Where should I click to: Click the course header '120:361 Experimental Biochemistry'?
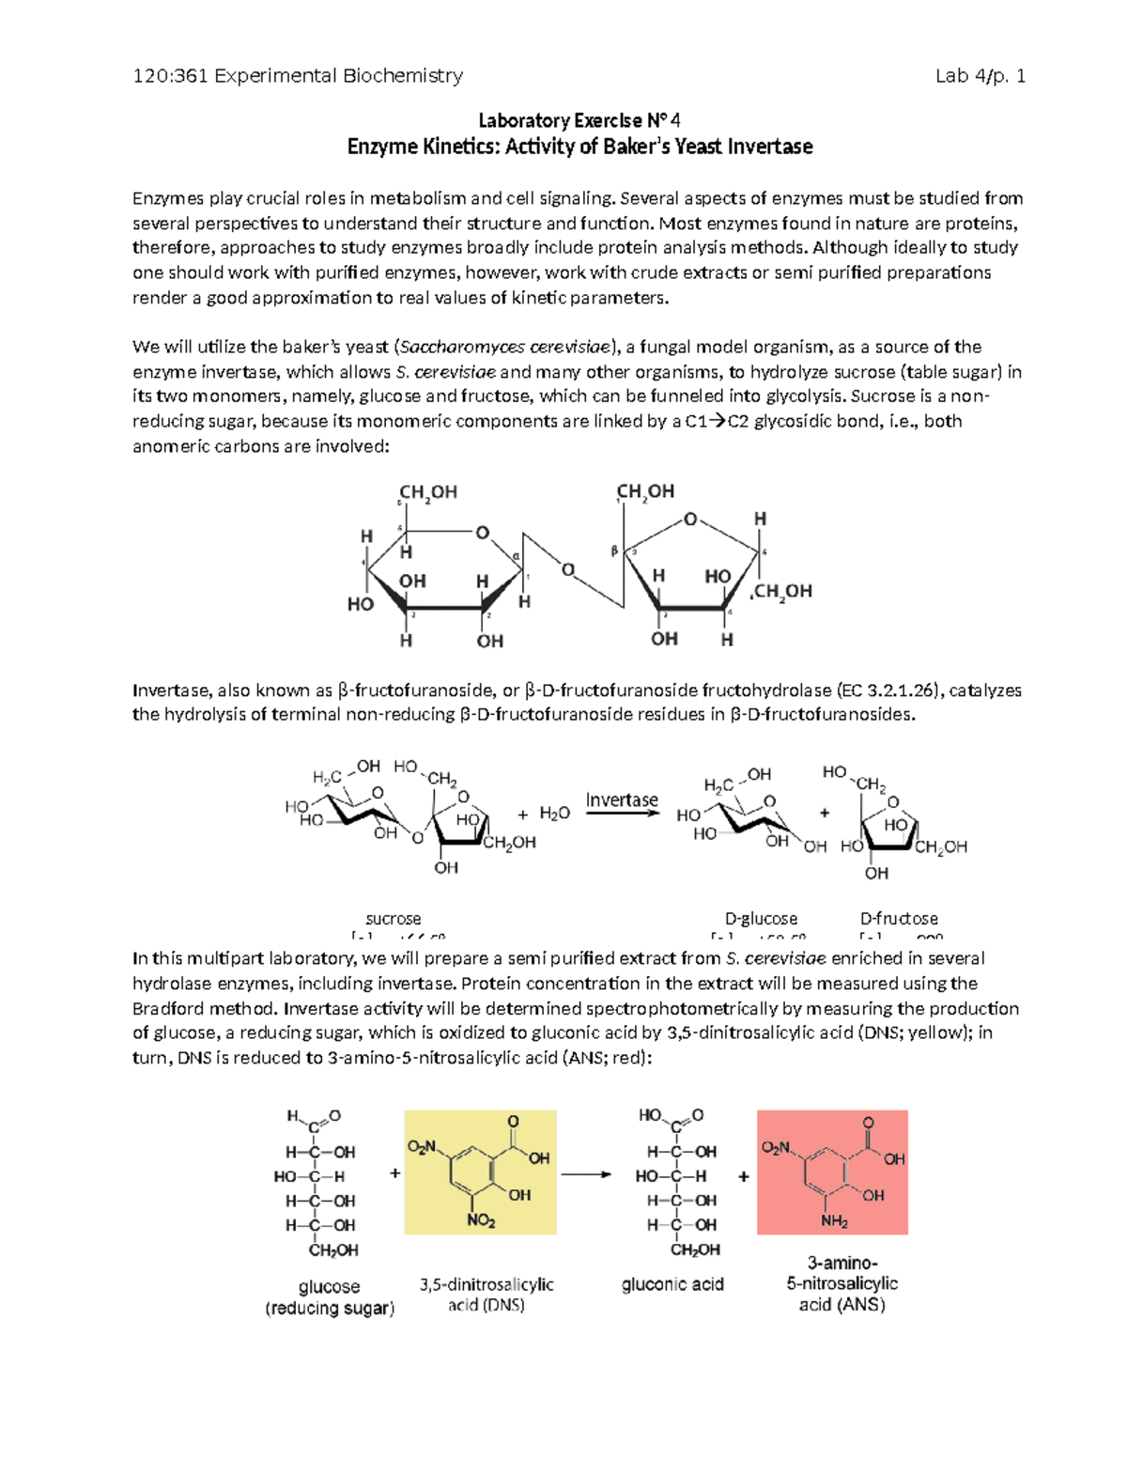pos(298,76)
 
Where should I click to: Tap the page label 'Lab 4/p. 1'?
pos(980,76)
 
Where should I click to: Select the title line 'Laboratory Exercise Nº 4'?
pos(579,120)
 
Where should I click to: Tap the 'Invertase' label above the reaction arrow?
pos(622,799)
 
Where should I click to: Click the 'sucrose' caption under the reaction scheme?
pos(393,918)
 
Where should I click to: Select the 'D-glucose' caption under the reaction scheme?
pos(761,918)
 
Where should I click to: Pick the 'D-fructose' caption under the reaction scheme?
pos(899,918)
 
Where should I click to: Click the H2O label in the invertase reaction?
pos(554,814)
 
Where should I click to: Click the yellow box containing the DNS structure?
pos(480,1172)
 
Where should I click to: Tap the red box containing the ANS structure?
pos(832,1172)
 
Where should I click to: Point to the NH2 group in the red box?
pos(834,1221)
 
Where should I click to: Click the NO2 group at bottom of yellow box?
pos(481,1220)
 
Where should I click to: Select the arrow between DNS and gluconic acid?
pos(586,1174)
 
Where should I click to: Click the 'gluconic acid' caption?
pos(672,1284)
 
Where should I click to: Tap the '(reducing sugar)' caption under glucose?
pos(330,1308)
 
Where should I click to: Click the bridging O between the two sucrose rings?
pos(567,569)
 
